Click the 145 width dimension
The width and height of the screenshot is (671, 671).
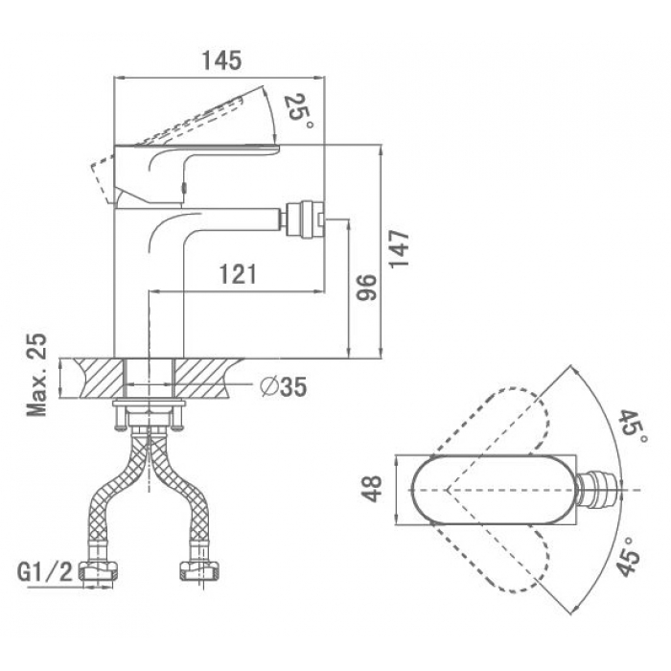tap(221, 60)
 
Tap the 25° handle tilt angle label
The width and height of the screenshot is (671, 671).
tap(298, 110)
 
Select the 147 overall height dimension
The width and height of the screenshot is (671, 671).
tap(399, 248)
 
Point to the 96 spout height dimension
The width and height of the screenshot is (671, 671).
tap(367, 288)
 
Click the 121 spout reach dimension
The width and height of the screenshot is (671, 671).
tap(238, 274)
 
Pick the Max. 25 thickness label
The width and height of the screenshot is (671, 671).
tap(36, 375)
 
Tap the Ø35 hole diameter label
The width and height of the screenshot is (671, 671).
tap(284, 387)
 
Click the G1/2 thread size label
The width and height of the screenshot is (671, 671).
tap(45, 572)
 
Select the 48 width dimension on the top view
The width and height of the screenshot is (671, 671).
tap(371, 489)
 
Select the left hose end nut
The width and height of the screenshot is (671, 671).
tap(99, 572)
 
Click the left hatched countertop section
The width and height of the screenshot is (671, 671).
tap(101, 379)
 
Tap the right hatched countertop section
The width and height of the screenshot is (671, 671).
tap(205, 379)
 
